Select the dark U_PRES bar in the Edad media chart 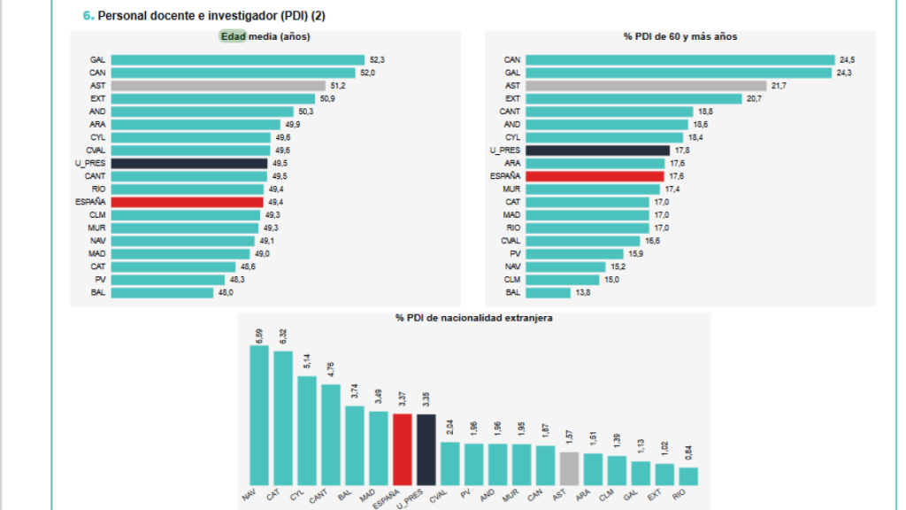(188, 163)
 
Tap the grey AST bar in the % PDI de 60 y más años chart (645, 85)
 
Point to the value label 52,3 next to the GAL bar (378, 59)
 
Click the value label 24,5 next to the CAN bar (848, 59)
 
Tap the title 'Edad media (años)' (265, 36)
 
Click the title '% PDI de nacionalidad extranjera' (473, 317)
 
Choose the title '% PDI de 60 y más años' (679, 36)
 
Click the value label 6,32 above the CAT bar (283, 336)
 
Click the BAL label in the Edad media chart (97, 292)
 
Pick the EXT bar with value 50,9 (212, 98)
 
